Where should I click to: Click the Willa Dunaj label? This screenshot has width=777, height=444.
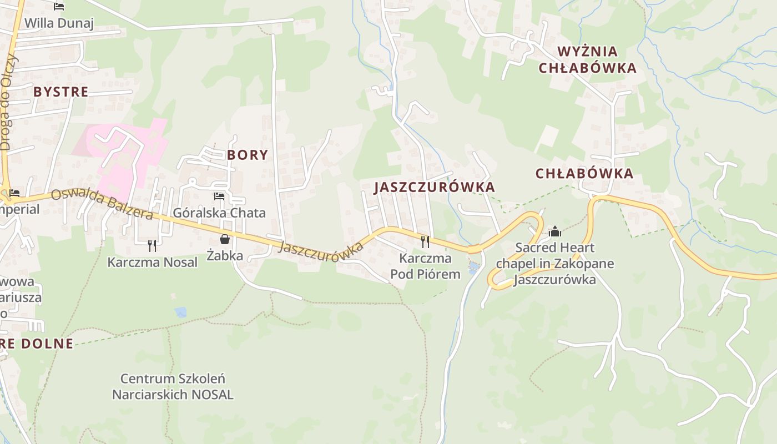(x=59, y=23)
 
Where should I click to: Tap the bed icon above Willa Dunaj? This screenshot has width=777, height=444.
(x=59, y=7)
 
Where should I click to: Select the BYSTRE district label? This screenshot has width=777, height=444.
(x=60, y=92)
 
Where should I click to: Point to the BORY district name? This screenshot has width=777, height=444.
(x=248, y=155)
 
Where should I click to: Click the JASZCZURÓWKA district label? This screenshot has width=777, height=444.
(x=434, y=187)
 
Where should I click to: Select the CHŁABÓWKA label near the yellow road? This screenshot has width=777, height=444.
(x=584, y=173)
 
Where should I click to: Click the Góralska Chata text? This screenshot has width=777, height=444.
(x=219, y=213)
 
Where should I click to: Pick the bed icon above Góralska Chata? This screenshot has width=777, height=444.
(x=219, y=196)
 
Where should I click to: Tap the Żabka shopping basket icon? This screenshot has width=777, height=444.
(x=225, y=239)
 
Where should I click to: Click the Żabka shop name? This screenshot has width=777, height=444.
(x=225, y=255)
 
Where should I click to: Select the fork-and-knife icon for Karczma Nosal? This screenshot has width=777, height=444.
(x=152, y=245)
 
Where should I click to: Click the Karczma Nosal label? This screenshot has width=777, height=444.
(x=152, y=262)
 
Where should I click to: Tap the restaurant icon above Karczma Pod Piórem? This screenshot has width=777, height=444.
(x=425, y=241)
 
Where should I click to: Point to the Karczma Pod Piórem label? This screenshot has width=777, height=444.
(x=425, y=266)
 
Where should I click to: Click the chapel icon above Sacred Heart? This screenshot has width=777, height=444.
(x=554, y=231)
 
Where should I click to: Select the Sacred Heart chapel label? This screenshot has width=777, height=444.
(x=554, y=263)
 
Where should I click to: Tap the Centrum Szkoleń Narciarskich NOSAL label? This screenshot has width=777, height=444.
(x=173, y=386)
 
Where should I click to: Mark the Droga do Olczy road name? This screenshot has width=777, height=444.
(x=8, y=103)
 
